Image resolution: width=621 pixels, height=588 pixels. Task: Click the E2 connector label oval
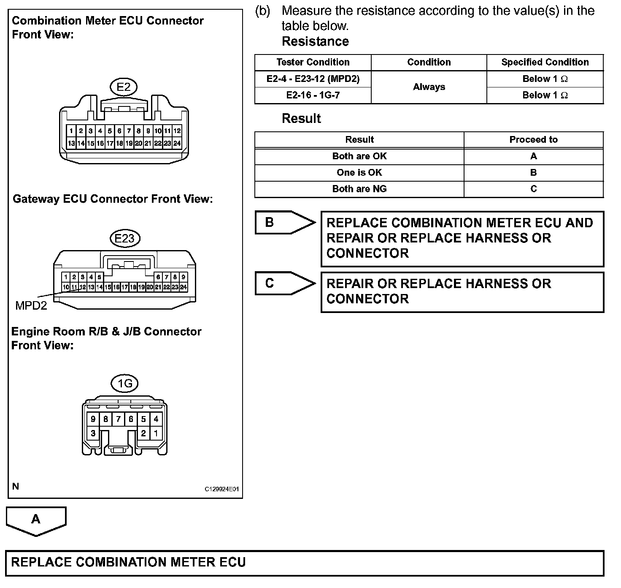point(124,87)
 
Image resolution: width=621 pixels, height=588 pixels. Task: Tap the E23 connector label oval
point(124,238)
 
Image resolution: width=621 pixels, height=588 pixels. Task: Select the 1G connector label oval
point(125,384)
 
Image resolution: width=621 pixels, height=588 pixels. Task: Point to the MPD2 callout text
point(31,305)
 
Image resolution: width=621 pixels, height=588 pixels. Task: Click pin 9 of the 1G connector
point(93,419)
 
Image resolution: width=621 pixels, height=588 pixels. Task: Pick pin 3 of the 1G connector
point(93,433)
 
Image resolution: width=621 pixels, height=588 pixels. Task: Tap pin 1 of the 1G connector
point(156,433)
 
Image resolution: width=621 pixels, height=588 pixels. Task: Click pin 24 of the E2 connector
point(177,143)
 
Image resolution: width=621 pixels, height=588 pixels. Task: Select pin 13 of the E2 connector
point(71,143)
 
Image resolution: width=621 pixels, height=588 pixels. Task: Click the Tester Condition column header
point(313,63)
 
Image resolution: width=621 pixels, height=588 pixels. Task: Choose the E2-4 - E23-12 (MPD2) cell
point(313,79)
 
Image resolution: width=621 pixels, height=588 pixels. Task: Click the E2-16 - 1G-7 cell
point(313,95)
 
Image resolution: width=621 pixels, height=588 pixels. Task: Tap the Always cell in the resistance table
point(429,87)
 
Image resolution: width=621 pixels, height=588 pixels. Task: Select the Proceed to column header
point(533,140)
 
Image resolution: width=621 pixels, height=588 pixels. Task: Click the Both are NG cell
point(359,189)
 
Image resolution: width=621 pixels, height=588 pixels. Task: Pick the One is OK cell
point(359,173)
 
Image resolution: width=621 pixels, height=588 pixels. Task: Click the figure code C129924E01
point(222,489)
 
